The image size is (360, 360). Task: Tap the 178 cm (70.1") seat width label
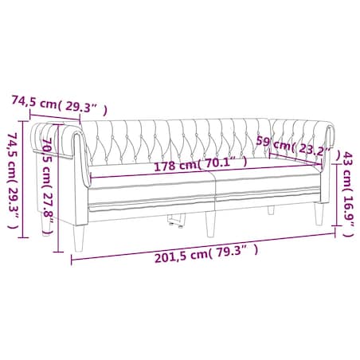click(x=201, y=165)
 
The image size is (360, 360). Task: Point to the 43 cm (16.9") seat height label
click(x=349, y=194)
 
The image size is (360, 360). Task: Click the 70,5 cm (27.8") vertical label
click(x=48, y=186)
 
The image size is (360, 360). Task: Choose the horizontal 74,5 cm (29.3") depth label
click(x=60, y=105)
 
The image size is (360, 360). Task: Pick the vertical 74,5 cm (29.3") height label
click(x=13, y=181)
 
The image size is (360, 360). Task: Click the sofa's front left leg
click(x=79, y=238)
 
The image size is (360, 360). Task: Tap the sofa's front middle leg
click(x=210, y=224)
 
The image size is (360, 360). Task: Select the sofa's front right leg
click(x=319, y=213)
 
